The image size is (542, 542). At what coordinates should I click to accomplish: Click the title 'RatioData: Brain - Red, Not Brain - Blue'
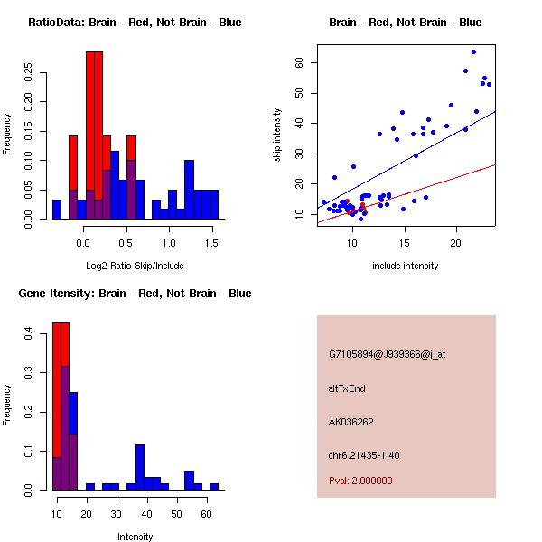click(x=135, y=23)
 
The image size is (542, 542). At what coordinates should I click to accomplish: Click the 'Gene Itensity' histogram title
click(x=135, y=294)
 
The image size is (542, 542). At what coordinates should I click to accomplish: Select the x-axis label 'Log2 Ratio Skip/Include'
click(x=135, y=266)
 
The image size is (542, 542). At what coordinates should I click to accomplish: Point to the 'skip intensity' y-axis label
click(x=277, y=135)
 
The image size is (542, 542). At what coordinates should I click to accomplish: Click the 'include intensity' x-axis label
click(x=406, y=266)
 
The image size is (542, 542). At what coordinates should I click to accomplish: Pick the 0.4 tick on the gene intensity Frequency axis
click(x=29, y=334)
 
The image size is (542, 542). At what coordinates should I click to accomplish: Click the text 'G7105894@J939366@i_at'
click(x=388, y=354)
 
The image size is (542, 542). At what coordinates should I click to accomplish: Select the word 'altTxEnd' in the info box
click(x=348, y=388)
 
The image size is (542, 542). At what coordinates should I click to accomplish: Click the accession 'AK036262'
click(x=351, y=422)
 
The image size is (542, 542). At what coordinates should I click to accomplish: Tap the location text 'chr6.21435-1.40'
click(x=364, y=454)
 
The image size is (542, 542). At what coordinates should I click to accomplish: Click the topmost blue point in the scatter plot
click(x=473, y=51)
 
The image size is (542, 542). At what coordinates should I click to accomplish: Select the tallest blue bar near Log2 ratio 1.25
click(x=189, y=190)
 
